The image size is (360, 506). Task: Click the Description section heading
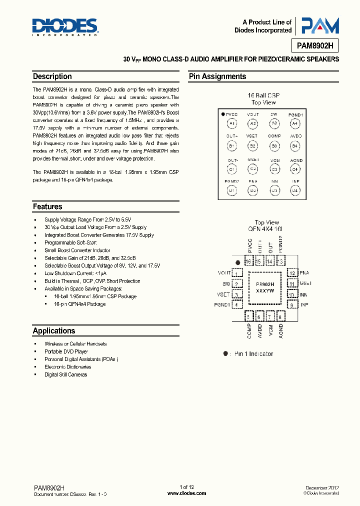coord(52,76)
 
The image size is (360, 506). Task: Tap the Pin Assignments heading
coord(217,76)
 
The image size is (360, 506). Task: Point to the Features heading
coord(47,206)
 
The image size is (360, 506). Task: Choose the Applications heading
coord(53,330)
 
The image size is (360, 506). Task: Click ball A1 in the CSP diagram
coord(231,123)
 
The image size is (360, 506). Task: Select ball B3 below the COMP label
coord(274,146)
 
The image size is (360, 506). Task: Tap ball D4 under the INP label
coord(295,190)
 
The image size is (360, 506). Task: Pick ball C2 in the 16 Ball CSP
coord(253,168)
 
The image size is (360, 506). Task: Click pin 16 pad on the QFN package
coord(248,261)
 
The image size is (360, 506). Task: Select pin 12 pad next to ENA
coord(291,273)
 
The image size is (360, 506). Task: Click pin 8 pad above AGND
coord(280,316)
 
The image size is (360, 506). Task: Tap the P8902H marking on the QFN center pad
coord(264,282)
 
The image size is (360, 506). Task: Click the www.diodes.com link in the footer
coord(186,493)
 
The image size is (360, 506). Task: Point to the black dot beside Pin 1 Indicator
coord(225,353)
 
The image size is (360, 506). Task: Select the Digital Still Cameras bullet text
coord(65,374)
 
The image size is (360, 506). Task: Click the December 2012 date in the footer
coord(322,487)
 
